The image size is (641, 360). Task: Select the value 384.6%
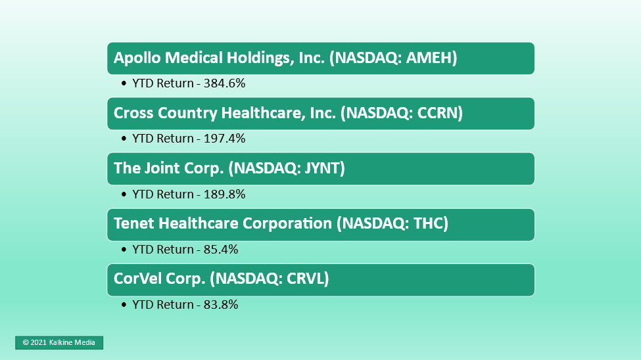tap(224, 83)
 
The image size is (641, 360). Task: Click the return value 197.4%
tap(224, 138)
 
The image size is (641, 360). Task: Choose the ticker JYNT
tap(317, 168)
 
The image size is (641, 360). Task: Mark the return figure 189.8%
tap(224, 194)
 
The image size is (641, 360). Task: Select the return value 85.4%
tap(221, 249)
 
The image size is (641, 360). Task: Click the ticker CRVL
tap(306, 279)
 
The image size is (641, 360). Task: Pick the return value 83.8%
tap(221, 304)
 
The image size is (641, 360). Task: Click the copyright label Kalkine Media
tap(72, 342)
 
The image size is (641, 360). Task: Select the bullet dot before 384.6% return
tap(124, 83)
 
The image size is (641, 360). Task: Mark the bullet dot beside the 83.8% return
tap(124, 304)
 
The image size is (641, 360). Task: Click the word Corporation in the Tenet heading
tap(287, 223)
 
